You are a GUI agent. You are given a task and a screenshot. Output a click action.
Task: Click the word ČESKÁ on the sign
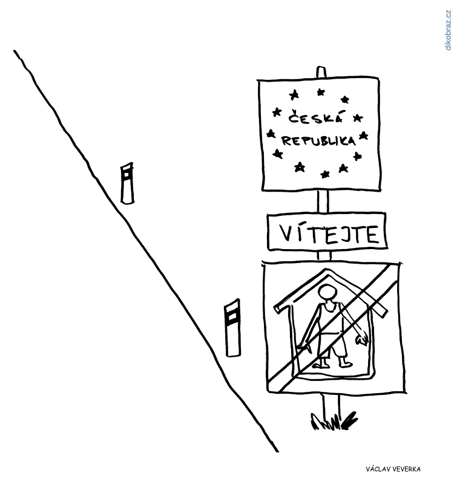click(x=315, y=117)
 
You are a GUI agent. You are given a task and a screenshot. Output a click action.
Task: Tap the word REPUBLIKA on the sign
click(x=318, y=141)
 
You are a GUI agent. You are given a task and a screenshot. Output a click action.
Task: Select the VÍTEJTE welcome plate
click(x=327, y=231)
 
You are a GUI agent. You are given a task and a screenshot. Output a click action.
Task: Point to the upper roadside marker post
click(x=127, y=183)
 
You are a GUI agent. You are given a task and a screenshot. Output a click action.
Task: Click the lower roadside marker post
click(x=233, y=328)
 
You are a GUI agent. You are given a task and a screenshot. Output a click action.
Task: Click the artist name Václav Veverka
click(x=393, y=469)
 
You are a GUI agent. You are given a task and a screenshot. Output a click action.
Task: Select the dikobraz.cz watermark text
click(x=448, y=30)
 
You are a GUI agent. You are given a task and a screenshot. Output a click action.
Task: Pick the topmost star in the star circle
click(x=321, y=92)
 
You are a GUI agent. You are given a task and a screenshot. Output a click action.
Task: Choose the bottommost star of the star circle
click(x=325, y=174)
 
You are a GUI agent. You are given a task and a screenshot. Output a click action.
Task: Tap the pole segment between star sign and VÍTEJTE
click(x=323, y=201)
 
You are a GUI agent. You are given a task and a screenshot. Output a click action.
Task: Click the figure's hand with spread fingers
click(x=362, y=340)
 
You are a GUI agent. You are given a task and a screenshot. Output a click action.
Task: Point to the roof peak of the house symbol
click(x=326, y=270)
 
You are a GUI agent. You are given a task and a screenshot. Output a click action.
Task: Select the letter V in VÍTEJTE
click(x=286, y=233)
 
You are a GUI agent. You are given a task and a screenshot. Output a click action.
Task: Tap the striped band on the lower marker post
click(x=232, y=316)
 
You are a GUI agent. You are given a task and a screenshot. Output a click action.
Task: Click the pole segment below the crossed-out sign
click(x=331, y=406)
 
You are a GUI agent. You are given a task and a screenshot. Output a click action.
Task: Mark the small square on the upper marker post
click(x=127, y=174)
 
